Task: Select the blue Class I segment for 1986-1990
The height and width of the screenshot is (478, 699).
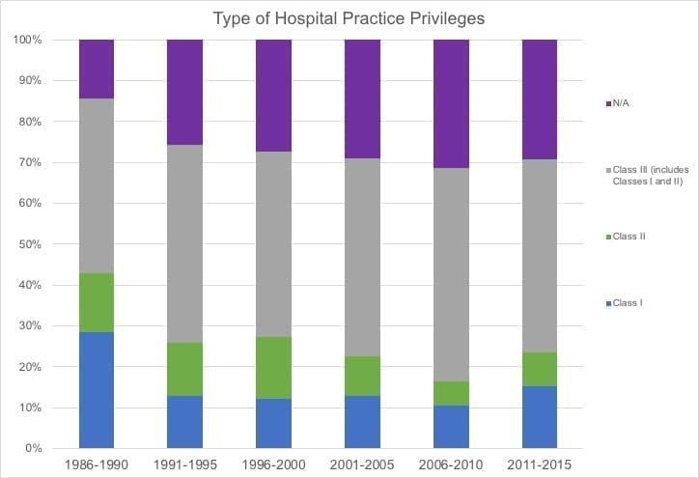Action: click(97, 390)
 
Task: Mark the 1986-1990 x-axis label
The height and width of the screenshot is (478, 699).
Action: click(97, 465)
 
